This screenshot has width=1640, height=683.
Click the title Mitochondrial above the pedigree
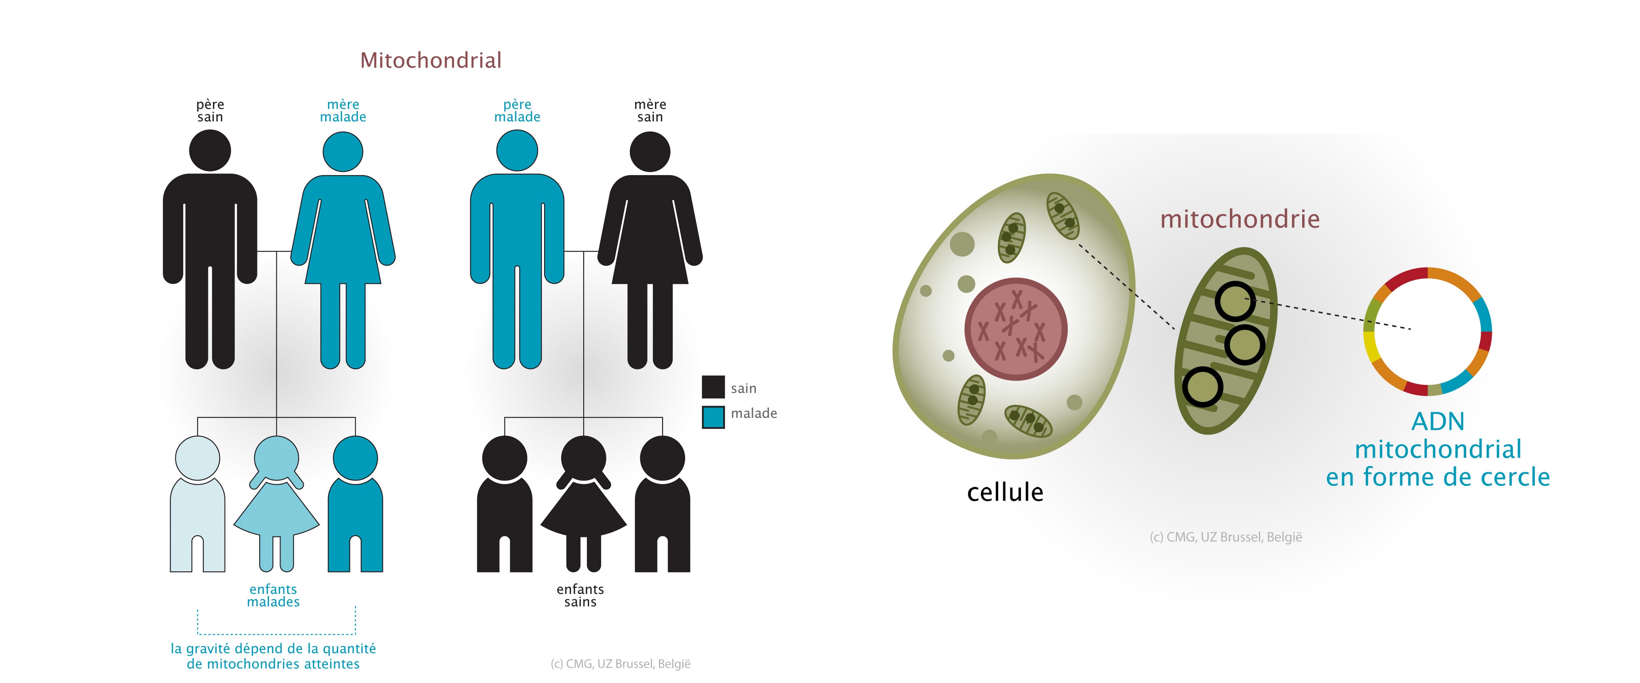tap(431, 60)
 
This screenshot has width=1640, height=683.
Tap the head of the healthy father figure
tap(210, 150)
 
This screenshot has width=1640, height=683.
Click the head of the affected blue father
tap(517, 150)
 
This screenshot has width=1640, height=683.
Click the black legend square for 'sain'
tap(713, 387)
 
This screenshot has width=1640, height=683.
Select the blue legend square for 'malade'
tap(713, 417)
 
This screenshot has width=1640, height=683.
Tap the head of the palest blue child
tap(198, 458)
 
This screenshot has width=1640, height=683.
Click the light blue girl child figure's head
tap(276, 458)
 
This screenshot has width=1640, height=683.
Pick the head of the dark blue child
tap(355, 458)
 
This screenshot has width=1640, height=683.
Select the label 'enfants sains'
tap(580, 595)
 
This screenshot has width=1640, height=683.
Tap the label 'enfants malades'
tap(273, 595)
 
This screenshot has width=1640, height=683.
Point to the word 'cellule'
tap(1005, 492)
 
